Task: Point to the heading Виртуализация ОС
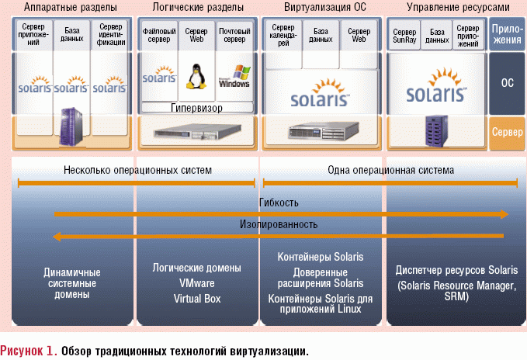[x=320, y=8]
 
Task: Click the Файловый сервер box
[x=159, y=36]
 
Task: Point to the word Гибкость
[x=279, y=203]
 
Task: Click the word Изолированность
[x=279, y=225]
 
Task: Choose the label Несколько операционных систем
[x=137, y=170]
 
